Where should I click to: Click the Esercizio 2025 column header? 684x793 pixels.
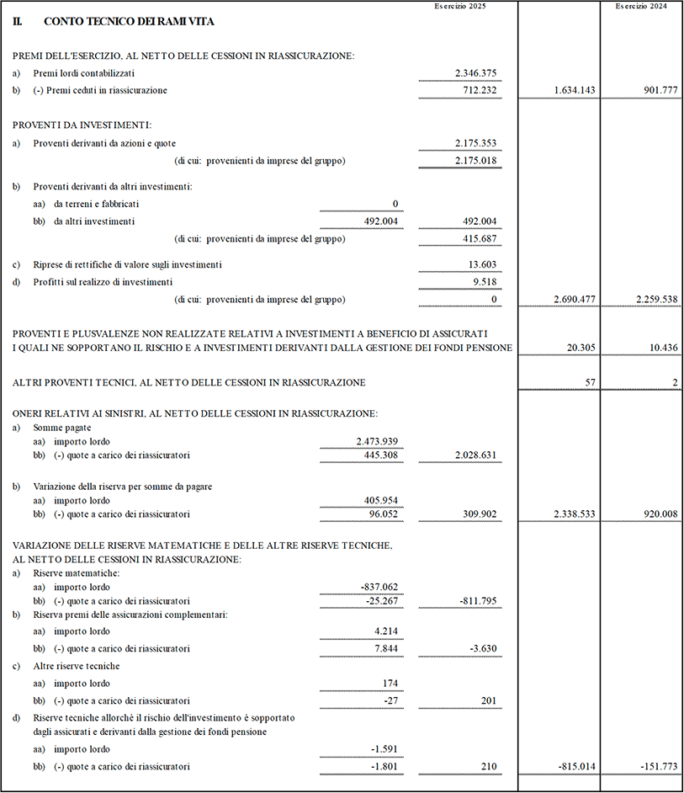click(460, 7)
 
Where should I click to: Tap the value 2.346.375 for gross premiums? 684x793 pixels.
click(475, 73)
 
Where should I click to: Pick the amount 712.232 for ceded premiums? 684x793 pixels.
click(480, 90)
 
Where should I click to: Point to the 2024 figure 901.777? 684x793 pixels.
click(659, 90)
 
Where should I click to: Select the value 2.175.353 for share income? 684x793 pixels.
click(475, 143)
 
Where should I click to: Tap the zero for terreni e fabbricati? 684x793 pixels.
click(395, 204)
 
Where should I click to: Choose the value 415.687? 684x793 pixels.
click(480, 238)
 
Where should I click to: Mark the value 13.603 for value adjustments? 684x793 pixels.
click(482, 264)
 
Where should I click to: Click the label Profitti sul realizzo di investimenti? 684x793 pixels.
click(103, 282)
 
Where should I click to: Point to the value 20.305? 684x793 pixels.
click(581, 348)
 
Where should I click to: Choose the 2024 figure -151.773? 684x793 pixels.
click(657, 767)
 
